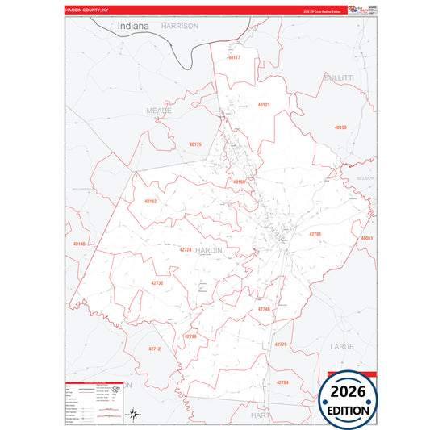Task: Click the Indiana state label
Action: (133, 26)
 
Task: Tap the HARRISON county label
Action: (179, 26)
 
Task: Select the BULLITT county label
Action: (339, 77)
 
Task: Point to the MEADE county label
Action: (160, 109)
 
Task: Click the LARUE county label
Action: (342, 345)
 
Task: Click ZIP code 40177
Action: (234, 58)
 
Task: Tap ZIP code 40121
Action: (264, 106)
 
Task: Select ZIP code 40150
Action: (340, 127)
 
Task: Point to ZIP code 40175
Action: (195, 144)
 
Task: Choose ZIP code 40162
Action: (151, 201)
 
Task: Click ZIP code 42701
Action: (315, 234)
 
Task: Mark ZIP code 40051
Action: (367, 239)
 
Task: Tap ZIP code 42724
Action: (186, 250)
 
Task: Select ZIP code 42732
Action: (157, 283)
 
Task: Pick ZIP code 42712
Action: (154, 349)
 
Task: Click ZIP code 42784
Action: (282, 382)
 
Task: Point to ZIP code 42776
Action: (281, 344)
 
